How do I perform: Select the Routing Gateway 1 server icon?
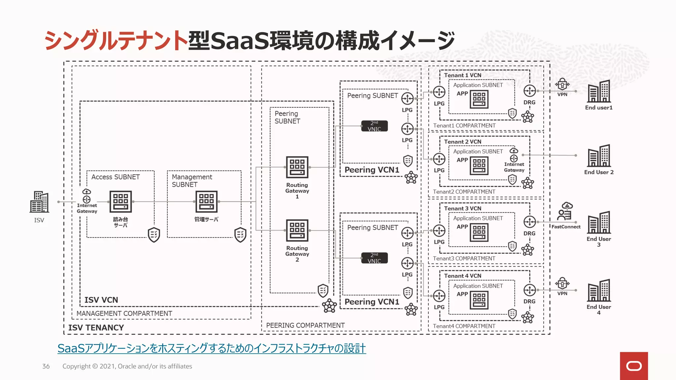pos(297,167)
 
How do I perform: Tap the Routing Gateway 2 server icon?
pos(297,230)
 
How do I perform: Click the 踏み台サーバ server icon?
pos(120,202)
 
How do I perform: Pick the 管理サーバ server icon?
pos(207,202)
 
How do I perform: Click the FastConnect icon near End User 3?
pos(565,212)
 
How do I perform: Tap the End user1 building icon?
pos(599,91)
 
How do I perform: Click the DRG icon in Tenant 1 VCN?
pos(529,91)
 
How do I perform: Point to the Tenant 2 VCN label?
pos(462,142)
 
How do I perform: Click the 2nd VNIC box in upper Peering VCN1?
pos(374,126)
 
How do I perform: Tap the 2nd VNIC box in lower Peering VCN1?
pos(374,258)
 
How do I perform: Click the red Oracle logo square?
pos(634,366)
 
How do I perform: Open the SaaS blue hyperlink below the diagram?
pos(212,348)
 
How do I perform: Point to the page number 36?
pos(46,366)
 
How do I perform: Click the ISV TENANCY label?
pos(96,328)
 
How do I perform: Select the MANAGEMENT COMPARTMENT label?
pos(124,313)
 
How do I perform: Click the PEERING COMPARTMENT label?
pos(305,325)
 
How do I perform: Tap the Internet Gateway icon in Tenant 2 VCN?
pos(514,155)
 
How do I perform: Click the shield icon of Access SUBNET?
pos(154,235)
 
